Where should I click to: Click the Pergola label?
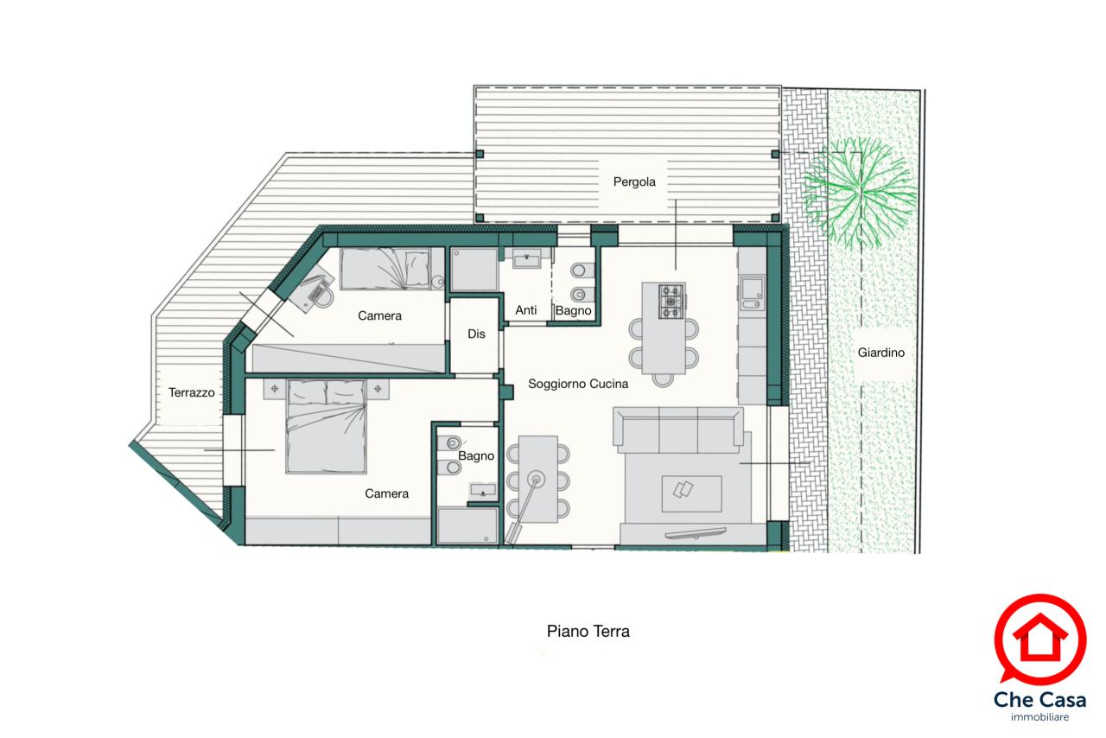(x=634, y=182)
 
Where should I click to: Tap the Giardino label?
(x=880, y=353)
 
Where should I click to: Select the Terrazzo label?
(x=192, y=392)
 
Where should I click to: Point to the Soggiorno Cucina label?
(x=578, y=384)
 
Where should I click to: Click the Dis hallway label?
(x=476, y=334)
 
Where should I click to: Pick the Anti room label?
(x=526, y=310)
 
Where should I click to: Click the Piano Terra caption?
(x=588, y=632)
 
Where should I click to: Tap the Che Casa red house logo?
(x=1039, y=639)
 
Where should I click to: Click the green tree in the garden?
(x=860, y=192)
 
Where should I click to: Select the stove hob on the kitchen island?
(x=671, y=302)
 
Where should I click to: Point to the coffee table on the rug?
(x=691, y=494)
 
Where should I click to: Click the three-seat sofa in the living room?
(x=678, y=429)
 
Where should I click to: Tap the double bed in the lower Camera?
(x=327, y=426)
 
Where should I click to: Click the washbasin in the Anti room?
(x=526, y=258)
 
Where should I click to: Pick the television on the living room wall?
(x=696, y=533)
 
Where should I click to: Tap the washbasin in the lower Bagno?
(x=483, y=492)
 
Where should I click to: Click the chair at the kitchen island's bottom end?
(x=663, y=379)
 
